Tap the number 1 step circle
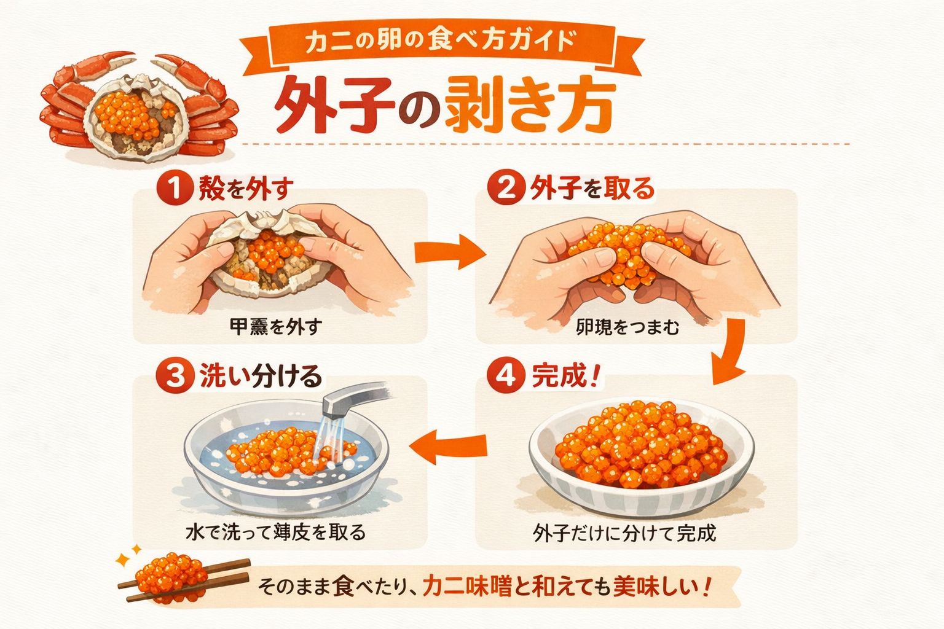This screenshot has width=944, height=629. coord(175,188)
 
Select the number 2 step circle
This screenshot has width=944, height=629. coord(506,187)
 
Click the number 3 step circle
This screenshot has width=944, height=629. coord(175,376)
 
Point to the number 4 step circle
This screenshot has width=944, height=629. coord(506,375)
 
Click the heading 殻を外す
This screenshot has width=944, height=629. coord(245,189)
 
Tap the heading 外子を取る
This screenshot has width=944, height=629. coord(591,188)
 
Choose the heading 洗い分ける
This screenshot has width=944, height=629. coord(260,376)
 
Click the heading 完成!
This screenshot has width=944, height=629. coord(564,375)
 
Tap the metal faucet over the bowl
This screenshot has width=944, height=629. coord(353,397)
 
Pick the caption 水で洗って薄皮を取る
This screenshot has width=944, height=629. coord(275,532)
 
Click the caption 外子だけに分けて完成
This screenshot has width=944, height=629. coord(624,533)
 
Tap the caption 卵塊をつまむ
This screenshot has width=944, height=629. coord(627,327)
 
